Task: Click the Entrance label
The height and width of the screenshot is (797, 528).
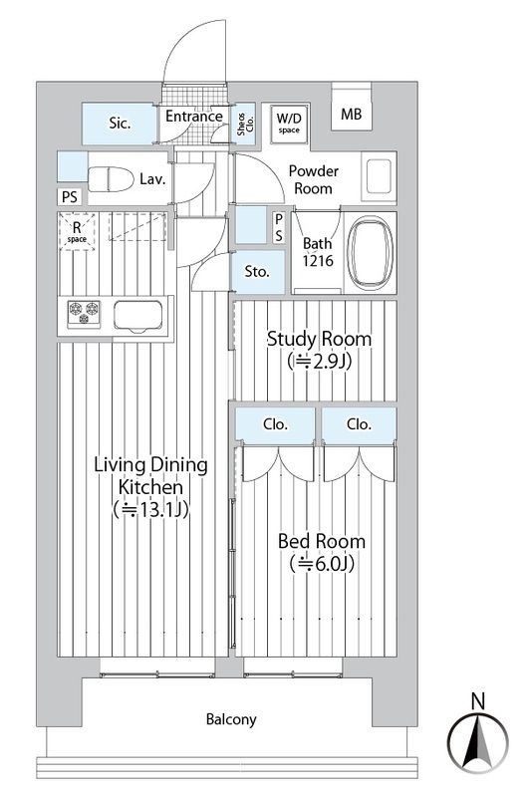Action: (x=193, y=117)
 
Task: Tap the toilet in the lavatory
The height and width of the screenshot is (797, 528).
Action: (x=110, y=180)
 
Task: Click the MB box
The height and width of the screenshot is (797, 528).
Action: (x=351, y=115)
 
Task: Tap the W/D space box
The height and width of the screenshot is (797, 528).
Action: (x=289, y=122)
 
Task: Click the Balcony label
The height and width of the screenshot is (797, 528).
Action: (x=231, y=718)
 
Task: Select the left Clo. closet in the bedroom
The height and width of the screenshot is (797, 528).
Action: (x=275, y=424)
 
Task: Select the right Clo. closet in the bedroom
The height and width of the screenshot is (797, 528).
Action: (x=359, y=424)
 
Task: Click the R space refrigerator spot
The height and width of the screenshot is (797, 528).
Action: (x=77, y=234)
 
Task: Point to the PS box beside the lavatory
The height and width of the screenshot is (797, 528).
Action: (x=68, y=196)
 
